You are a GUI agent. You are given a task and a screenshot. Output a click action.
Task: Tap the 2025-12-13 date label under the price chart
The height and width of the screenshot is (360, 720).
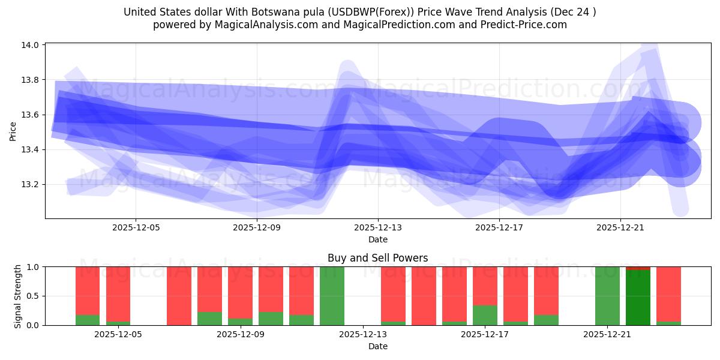coord(378,228)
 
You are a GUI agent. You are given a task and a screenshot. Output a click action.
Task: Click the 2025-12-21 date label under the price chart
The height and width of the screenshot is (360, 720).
coord(620,228)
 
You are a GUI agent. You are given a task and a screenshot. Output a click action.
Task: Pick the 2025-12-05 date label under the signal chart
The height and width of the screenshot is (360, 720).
coord(118,335)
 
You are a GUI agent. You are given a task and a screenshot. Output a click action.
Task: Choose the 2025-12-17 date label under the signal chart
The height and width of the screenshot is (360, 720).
coord(485,335)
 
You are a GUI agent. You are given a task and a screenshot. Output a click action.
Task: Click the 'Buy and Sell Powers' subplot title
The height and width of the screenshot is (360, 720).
coord(377,258)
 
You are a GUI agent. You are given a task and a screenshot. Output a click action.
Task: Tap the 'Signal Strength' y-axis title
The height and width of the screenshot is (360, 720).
coord(18,296)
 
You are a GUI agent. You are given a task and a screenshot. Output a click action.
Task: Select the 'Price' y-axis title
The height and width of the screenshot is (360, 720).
coord(13,131)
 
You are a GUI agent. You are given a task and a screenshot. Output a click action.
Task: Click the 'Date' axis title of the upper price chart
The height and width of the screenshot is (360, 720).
coord(377,239)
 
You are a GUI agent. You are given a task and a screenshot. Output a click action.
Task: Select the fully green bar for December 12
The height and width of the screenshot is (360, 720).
coord(332,296)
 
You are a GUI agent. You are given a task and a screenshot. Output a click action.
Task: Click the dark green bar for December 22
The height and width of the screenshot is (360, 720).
coord(638,298)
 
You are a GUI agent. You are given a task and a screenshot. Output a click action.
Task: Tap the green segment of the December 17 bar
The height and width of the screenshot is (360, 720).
coord(485,315)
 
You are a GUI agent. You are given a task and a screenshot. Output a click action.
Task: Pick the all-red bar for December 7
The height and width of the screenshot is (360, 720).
coord(179,296)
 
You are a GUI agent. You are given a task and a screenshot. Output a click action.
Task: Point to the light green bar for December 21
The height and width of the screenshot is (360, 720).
coord(607,296)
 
